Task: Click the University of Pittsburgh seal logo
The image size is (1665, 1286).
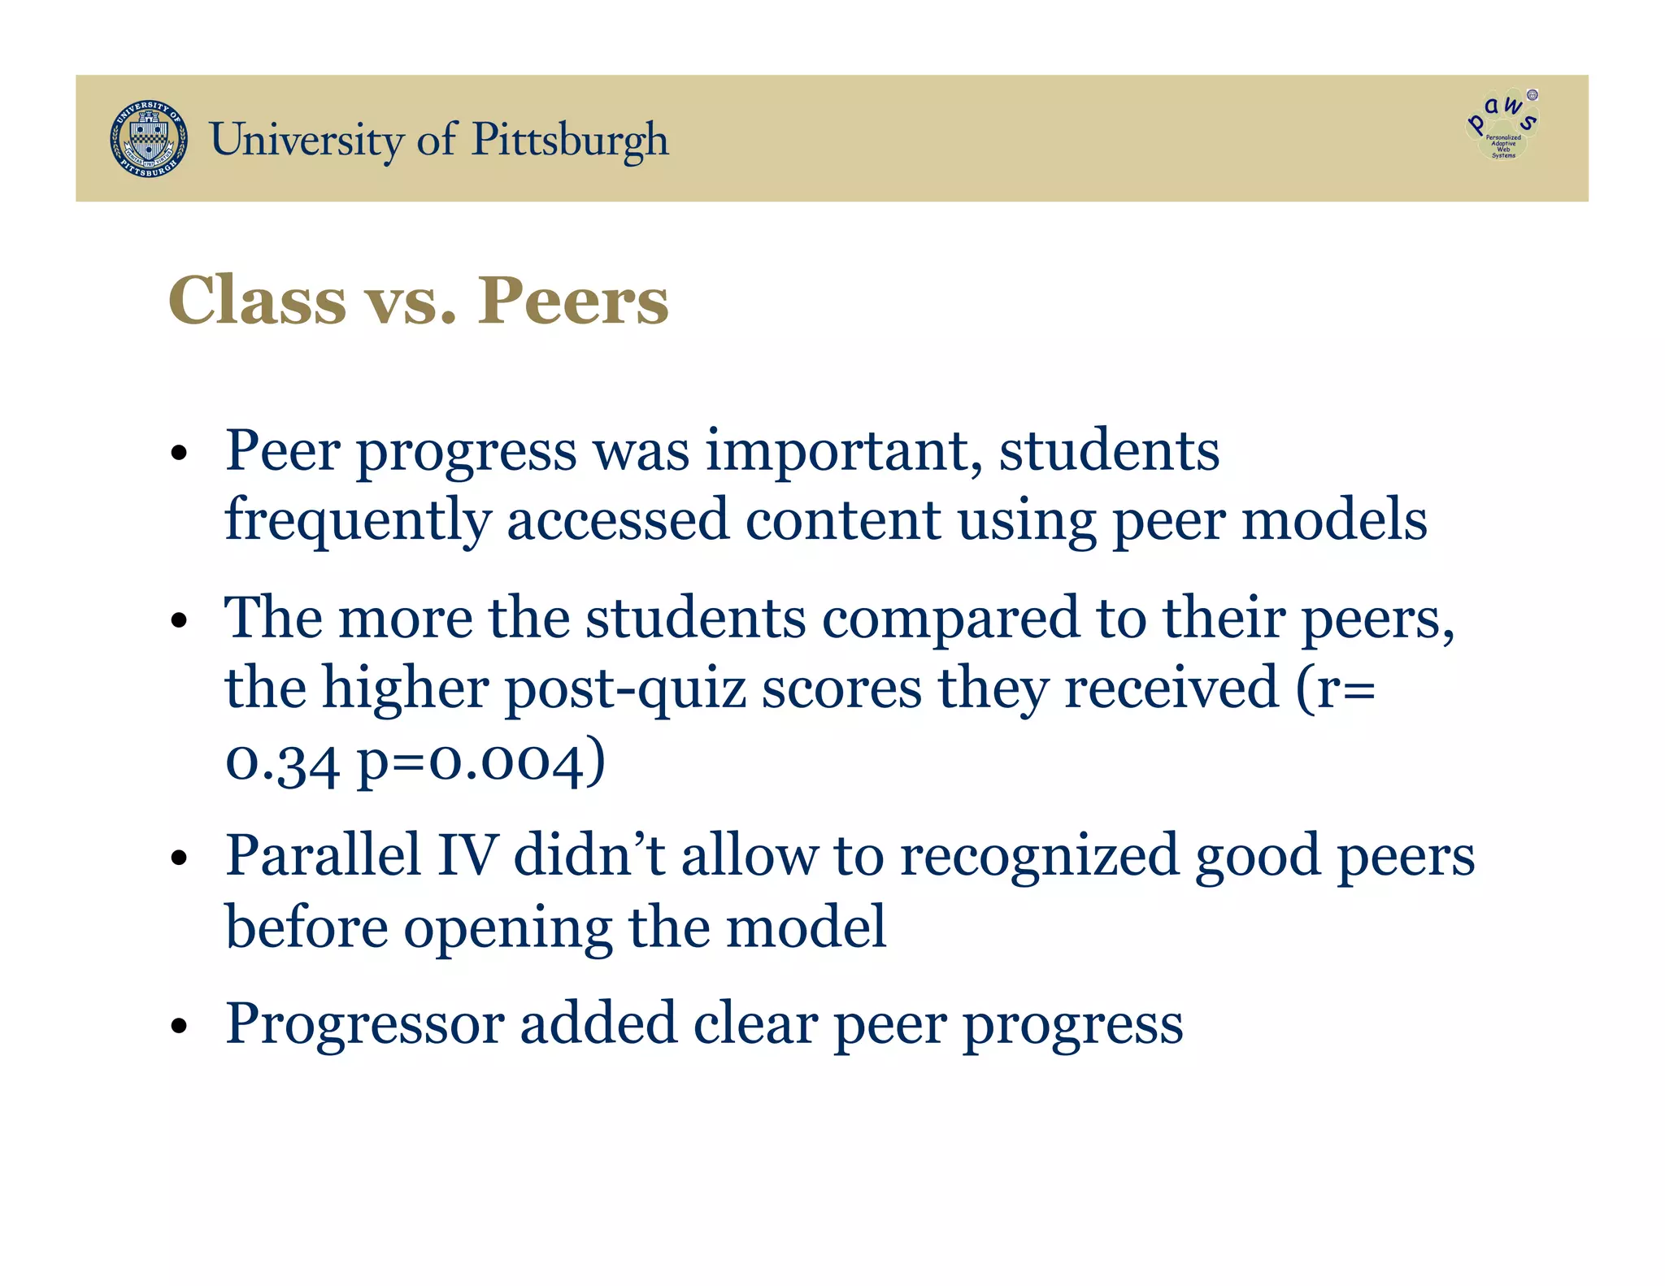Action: tap(149, 139)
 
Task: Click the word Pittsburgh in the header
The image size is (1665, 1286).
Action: tap(570, 140)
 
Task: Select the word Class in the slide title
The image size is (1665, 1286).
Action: tap(257, 301)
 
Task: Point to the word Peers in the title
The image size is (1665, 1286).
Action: tap(572, 301)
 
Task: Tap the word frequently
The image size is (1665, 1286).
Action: tap(358, 521)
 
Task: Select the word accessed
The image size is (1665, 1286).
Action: tap(618, 521)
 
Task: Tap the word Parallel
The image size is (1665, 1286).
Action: tap(323, 856)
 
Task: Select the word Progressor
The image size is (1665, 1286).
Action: tap(364, 1024)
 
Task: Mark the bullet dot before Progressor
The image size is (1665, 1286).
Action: tap(180, 1026)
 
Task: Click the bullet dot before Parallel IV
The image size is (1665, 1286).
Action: tap(180, 858)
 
